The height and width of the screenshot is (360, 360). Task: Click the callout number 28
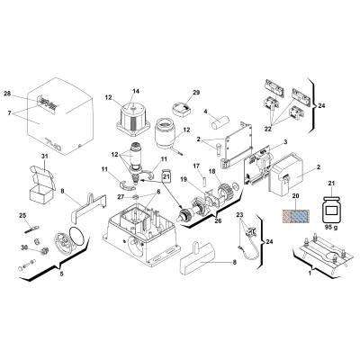point(7,94)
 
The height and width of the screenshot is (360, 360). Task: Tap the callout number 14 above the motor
point(136,91)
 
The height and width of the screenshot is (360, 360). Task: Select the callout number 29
point(196,93)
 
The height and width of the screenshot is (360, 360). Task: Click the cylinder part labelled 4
point(220,122)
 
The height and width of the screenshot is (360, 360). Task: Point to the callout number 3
point(285,141)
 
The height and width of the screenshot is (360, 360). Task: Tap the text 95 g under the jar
point(330,227)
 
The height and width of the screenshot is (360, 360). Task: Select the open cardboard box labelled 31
point(42,183)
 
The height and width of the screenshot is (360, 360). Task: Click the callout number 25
point(22,215)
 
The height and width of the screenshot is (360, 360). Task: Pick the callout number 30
point(24,247)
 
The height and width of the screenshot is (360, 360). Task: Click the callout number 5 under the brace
point(61,274)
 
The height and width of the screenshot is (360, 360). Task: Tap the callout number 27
point(121,197)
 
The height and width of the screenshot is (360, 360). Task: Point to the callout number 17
point(196,166)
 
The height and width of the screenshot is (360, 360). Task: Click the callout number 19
point(184,179)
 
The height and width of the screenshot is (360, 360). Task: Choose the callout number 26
point(218,221)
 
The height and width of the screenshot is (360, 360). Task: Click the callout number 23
point(239,214)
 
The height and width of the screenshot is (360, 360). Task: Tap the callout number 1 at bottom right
point(310,274)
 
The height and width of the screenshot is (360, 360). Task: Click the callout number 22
point(268,129)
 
